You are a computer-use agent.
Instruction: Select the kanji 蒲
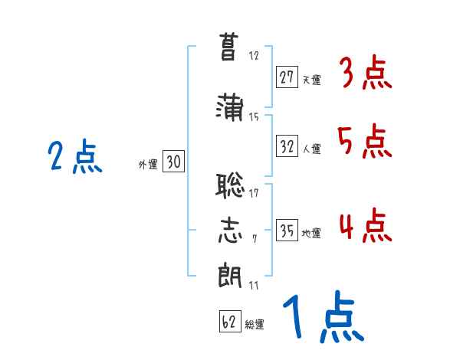coord(228,107)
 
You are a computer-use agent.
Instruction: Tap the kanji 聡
coord(228,185)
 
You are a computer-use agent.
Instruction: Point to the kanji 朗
coord(228,273)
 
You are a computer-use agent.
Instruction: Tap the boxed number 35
coord(287,231)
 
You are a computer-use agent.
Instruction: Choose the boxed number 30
coord(172,162)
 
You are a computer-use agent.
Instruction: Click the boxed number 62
coord(228,322)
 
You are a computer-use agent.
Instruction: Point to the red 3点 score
coord(365,74)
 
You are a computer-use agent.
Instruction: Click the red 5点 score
coord(365,141)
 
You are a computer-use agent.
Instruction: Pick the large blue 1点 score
coord(321,319)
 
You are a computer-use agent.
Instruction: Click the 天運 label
coord(311,78)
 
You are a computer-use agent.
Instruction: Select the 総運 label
coord(255,325)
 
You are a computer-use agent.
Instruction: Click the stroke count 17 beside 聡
coord(254,193)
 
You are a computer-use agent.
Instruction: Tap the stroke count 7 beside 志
coord(254,239)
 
